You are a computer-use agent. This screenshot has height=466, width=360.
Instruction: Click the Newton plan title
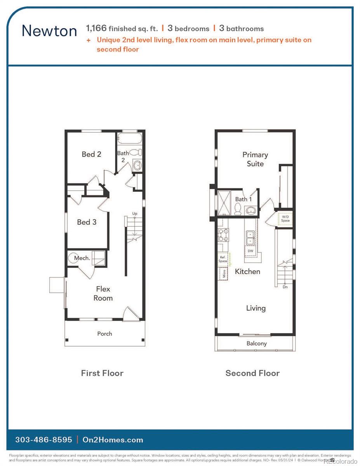click(49, 30)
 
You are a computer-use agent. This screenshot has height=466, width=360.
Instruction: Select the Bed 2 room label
click(91, 154)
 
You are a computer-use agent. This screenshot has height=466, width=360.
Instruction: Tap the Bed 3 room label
click(87, 222)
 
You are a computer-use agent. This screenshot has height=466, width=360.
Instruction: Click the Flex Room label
click(103, 294)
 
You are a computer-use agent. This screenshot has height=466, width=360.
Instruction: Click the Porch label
click(104, 334)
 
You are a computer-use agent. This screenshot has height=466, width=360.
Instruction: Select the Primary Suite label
click(255, 159)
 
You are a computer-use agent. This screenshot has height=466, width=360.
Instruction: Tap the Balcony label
click(256, 343)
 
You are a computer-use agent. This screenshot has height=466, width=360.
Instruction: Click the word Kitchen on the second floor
click(247, 271)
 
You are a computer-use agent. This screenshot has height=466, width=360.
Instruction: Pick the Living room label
click(256, 308)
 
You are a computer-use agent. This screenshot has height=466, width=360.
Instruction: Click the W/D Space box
click(285, 219)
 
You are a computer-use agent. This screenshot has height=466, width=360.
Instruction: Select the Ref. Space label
click(223, 259)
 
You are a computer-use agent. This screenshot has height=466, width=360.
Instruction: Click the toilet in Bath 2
click(135, 153)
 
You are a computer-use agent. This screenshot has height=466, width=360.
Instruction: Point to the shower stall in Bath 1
click(224, 202)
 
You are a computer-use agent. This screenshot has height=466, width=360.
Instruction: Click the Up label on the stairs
click(134, 214)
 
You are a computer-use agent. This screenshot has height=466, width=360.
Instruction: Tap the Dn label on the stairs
click(285, 287)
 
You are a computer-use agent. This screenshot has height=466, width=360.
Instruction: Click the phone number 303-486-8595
click(43, 440)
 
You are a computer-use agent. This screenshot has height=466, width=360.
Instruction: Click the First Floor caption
click(102, 373)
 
